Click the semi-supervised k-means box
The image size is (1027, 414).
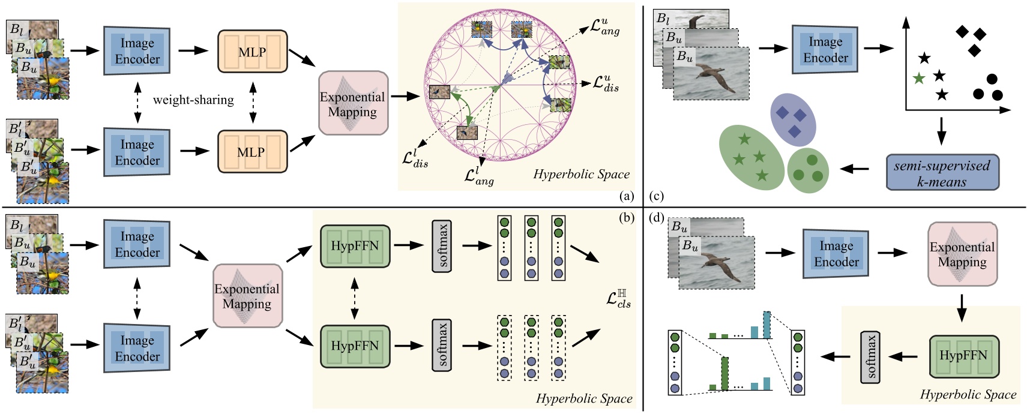coord(942,173)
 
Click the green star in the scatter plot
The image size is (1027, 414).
coord(918,78)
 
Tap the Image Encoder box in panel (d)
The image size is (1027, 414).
coord(836,254)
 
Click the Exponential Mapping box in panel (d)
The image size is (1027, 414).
coord(962,254)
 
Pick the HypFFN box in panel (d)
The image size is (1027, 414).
coord(963,356)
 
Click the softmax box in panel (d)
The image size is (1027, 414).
coord(870,356)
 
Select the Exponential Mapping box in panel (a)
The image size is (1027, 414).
coord(352,104)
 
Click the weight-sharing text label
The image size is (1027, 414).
coord(193,100)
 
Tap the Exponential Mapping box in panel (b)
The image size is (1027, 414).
coord(247,296)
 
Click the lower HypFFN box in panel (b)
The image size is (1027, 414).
coord(355,346)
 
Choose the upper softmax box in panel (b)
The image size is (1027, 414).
coord(441,246)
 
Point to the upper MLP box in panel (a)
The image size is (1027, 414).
coord(252,52)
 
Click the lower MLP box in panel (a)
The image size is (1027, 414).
coord(251,152)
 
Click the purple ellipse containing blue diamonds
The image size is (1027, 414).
coord(793,120)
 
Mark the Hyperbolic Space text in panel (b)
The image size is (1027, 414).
coord(583,398)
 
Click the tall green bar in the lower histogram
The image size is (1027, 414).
coord(724,374)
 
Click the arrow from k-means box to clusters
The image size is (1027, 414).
coord(855,170)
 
